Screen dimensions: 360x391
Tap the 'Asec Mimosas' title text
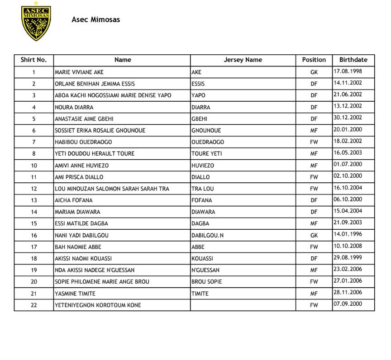tap(95, 19)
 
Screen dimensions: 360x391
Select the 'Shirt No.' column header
tap(33, 60)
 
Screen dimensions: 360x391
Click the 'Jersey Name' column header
tap(243, 60)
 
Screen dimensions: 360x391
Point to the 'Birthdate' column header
tap(353, 60)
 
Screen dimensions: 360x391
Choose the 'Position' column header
tap(314, 60)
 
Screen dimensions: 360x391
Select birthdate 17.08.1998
tap(348, 71)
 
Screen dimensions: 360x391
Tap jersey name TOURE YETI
tap(206, 154)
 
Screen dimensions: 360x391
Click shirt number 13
tap(34, 200)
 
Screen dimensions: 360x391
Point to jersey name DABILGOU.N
tap(207, 235)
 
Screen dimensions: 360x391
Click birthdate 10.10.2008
tap(348, 246)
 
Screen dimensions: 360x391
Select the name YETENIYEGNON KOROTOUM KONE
tap(98, 305)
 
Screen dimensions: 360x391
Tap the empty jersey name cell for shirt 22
tap(243, 305)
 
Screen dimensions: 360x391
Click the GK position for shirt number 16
tap(314, 235)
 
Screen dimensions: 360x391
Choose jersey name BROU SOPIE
tap(207, 282)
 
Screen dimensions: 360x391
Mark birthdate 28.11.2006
tap(348, 293)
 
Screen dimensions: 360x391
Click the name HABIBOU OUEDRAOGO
tap(83, 142)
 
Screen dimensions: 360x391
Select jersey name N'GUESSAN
tap(205, 270)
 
